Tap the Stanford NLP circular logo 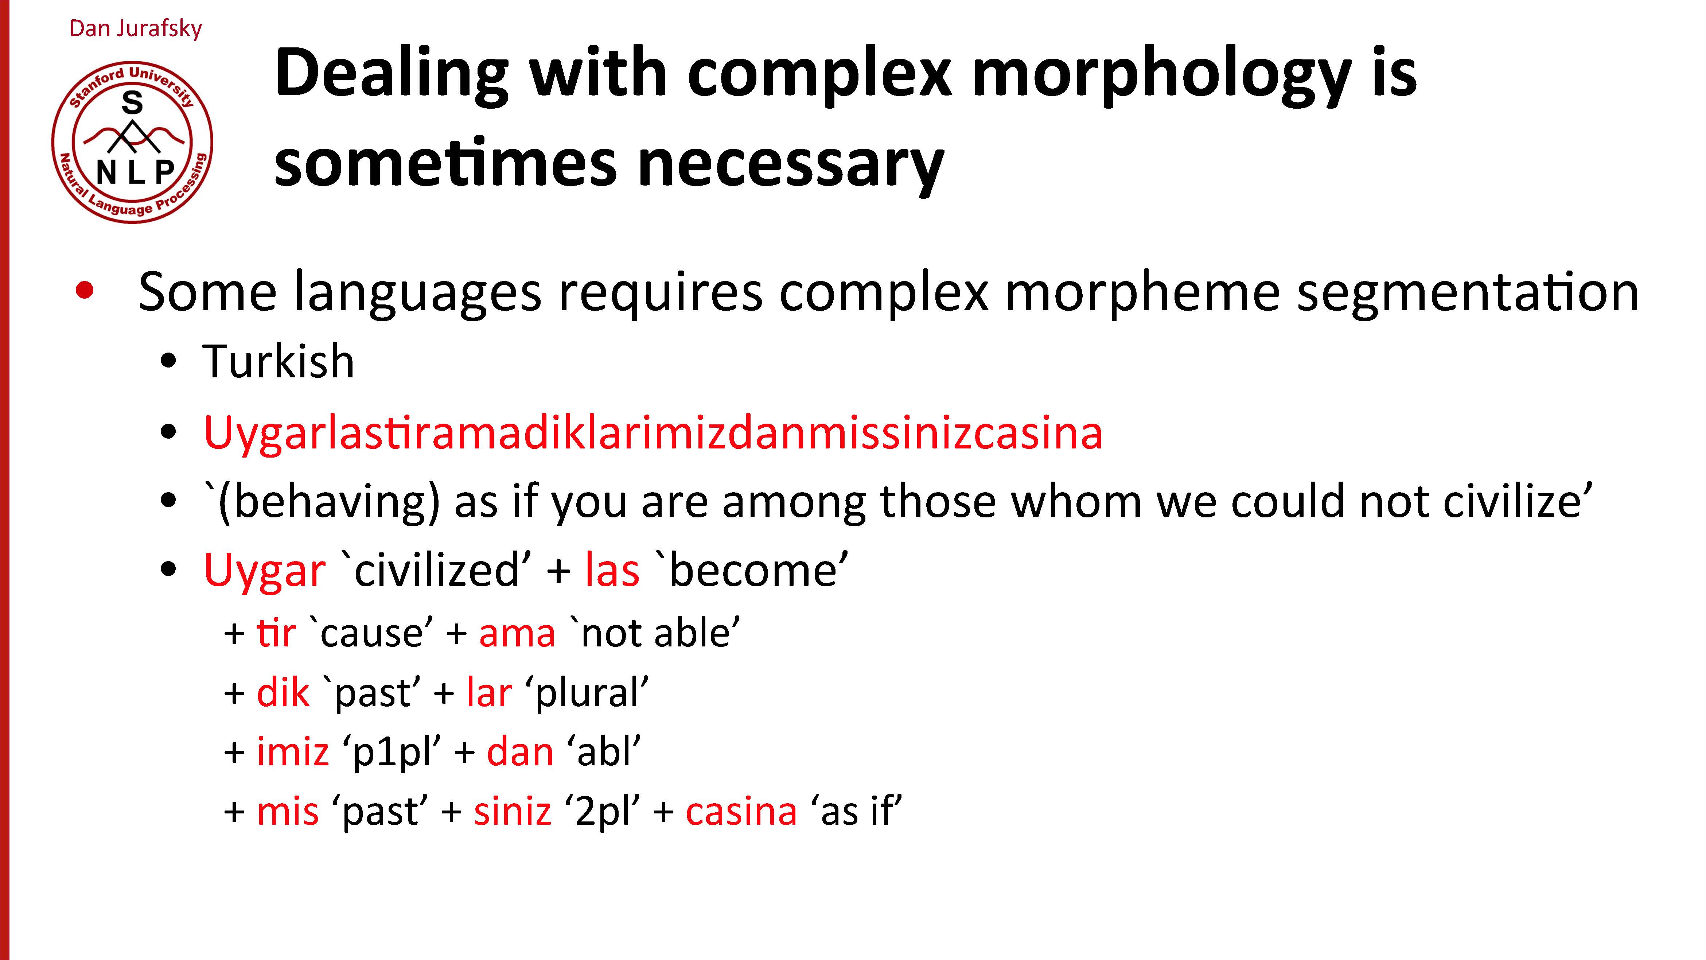coord(132,143)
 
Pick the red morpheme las coord(612,571)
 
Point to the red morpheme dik coord(283,692)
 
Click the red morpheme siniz coord(513,812)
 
